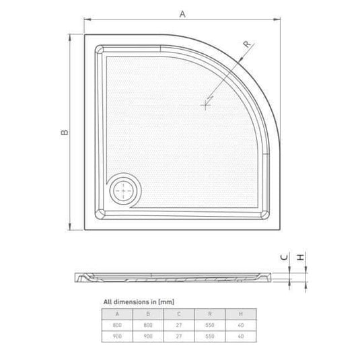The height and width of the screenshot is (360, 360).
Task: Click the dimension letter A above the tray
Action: pos(182,12)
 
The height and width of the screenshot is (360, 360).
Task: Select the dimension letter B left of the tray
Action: pos(63,133)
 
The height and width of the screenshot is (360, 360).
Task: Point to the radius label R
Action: pos(246,44)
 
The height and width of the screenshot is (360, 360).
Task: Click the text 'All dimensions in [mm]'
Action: pos(139,302)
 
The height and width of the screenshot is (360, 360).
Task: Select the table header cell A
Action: pos(118,313)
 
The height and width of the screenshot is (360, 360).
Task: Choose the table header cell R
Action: pos(211,313)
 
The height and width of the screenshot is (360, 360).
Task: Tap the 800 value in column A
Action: pos(118,324)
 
